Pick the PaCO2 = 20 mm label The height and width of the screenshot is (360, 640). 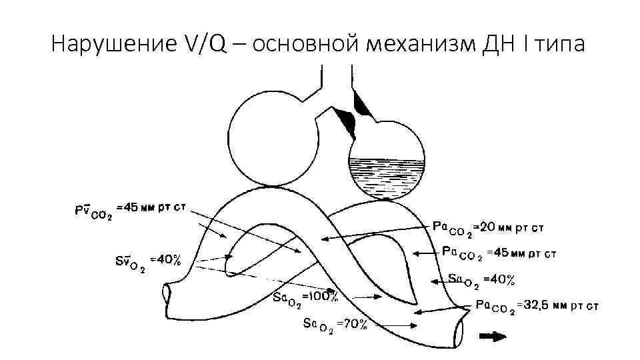pos(489,228)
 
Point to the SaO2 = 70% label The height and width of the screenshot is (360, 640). pos(335,325)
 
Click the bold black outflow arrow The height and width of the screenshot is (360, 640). pos(493,337)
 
